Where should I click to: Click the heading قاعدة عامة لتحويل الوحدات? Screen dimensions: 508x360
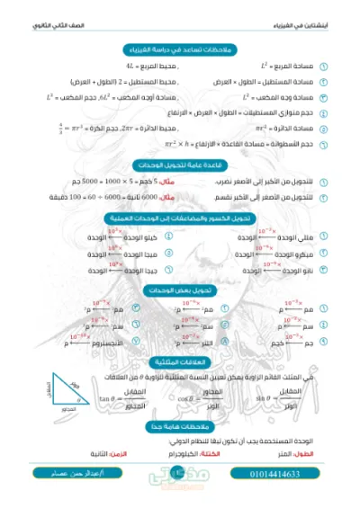pos(180,165)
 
